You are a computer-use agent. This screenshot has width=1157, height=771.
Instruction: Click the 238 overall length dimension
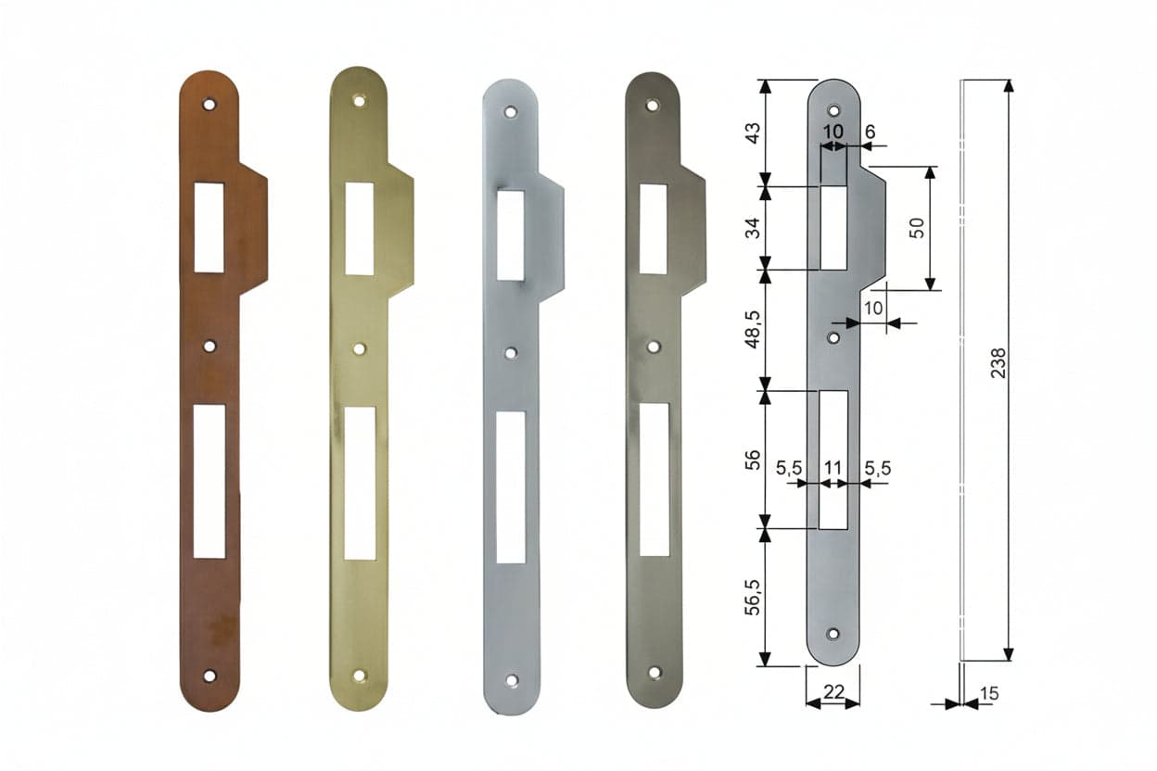click(998, 363)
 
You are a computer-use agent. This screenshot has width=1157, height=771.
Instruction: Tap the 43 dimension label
click(754, 133)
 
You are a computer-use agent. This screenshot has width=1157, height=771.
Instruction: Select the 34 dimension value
click(754, 228)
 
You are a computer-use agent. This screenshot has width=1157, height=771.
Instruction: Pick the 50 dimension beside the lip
click(916, 228)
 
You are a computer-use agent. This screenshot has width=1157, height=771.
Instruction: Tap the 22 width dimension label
click(833, 692)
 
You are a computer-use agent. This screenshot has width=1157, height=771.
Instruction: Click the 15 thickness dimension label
click(988, 693)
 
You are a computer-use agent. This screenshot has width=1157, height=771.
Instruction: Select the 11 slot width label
click(833, 468)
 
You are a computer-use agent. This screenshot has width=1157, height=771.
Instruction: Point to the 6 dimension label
click(871, 133)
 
